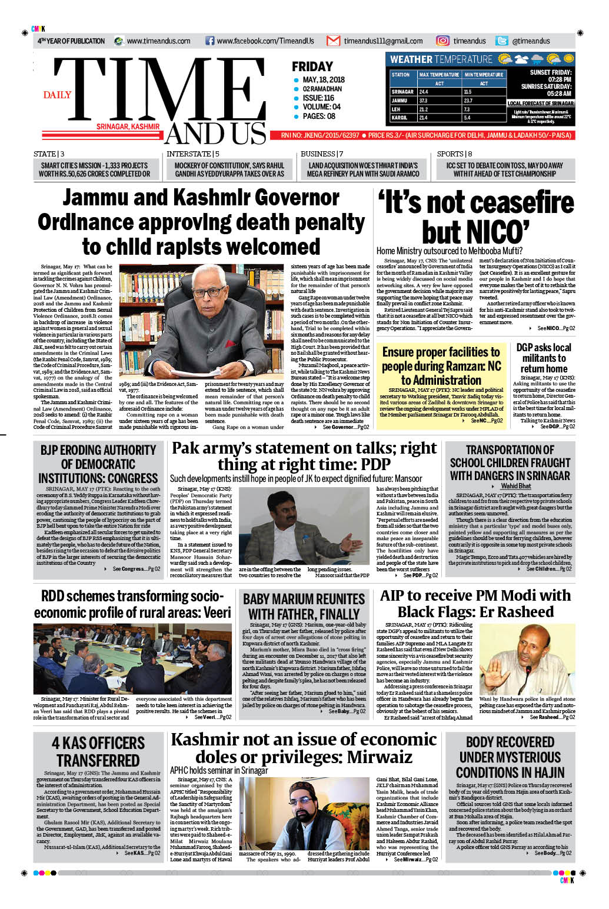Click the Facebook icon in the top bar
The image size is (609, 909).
point(209,41)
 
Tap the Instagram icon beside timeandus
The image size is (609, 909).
point(442,41)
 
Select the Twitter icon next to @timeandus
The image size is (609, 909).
point(502,41)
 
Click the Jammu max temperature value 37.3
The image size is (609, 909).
point(424,101)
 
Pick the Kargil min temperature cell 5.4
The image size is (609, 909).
point(467,118)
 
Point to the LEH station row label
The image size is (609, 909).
point(396,109)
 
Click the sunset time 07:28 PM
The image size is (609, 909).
point(559,79)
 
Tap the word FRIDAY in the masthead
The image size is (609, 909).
point(312,67)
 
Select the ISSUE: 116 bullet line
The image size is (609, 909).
point(318,98)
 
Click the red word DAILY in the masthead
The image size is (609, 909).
point(57,95)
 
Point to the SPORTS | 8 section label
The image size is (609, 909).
point(454,154)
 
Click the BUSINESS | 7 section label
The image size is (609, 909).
point(322,154)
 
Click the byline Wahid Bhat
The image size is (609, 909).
point(515,486)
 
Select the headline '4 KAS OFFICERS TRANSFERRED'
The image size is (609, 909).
point(98,751)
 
